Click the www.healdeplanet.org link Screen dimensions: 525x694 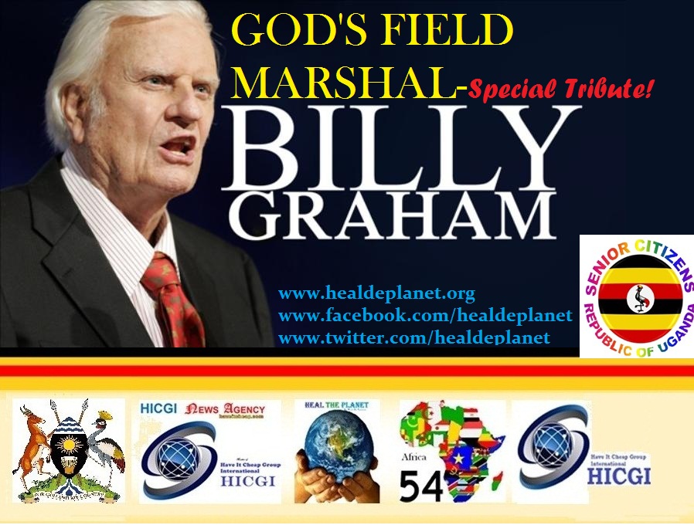click(376, 294)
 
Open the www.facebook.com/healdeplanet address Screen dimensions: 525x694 click(425, 315)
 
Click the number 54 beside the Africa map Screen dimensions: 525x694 click(421, 486)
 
